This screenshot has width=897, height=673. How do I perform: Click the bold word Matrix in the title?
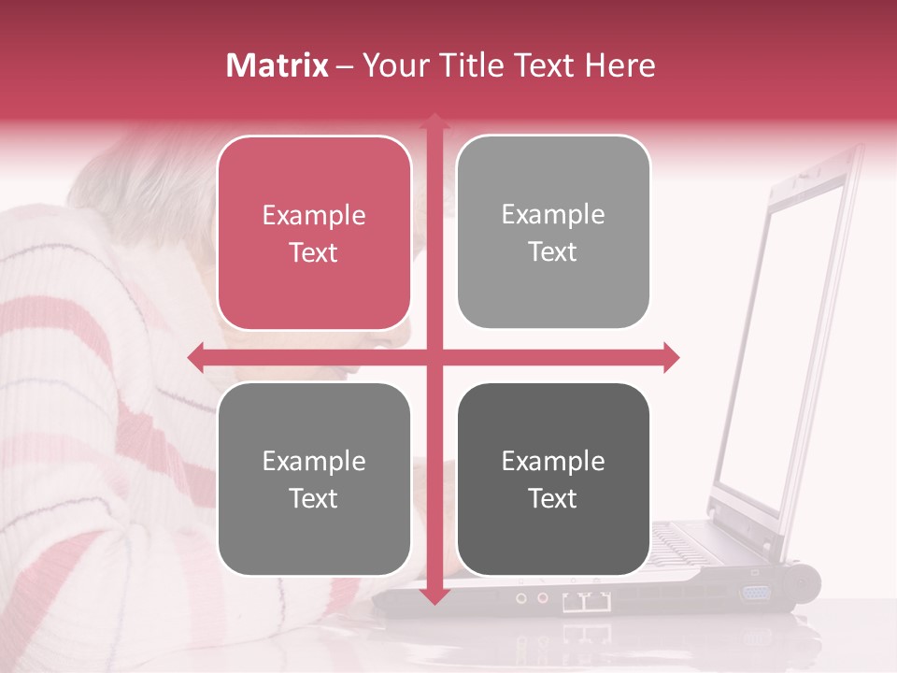coord(277,65)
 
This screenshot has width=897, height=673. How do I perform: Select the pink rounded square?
coord(314,234)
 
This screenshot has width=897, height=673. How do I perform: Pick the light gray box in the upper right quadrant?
coord(553,233)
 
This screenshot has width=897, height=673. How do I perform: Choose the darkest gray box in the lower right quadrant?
coord(553,480)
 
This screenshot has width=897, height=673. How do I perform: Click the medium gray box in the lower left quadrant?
coord(314,480)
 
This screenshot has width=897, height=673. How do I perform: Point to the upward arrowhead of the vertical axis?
coord(434,122)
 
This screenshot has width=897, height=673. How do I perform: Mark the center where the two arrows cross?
coord(434,357)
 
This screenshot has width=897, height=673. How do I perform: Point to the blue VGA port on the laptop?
coord(757,593)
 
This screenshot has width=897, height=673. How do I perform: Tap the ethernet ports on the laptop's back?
coord(587,601)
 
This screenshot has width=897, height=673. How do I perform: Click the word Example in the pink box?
coord(314,215)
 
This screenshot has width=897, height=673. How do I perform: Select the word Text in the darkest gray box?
coord(553,498)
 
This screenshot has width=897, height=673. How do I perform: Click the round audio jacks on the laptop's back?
coord(532,597)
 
